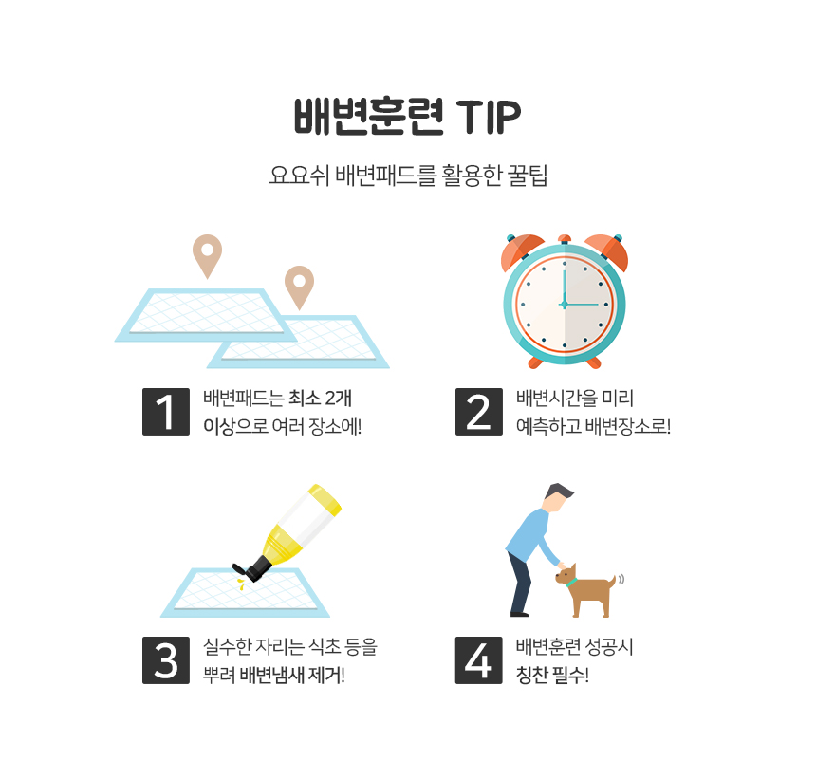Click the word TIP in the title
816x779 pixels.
coord(488,116)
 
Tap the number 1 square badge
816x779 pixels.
coord(166,412)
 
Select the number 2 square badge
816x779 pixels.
coord(479,412)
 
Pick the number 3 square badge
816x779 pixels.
coord(166,660)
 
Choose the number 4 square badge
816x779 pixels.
coord(479,660)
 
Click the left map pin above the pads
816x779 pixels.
coord(207,256)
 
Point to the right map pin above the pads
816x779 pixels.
coord(299,287)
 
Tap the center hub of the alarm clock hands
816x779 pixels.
coord(565,305)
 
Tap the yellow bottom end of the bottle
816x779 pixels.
coord(325,500)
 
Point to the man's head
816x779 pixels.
coord(558,497)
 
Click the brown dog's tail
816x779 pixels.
coord(613,581)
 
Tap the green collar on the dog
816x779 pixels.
coord(571,582)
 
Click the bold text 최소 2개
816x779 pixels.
coord(320,399)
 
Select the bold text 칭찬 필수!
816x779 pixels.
coord(552,675)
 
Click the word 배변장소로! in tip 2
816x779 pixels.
coord(627,426)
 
